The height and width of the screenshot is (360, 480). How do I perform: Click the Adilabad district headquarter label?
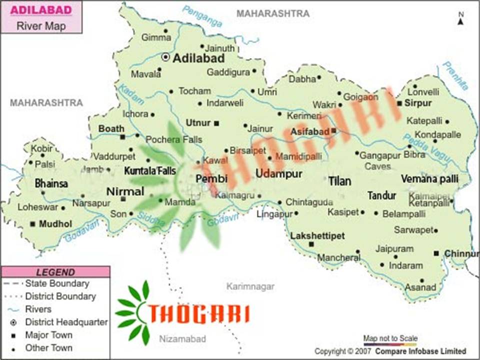pyautogui.click(x=198, y=58)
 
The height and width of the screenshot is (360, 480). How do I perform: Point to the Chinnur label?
pyautogui.click(x=461, y=253)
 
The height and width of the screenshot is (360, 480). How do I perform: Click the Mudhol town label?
pyautogui.click(x=55, y=223)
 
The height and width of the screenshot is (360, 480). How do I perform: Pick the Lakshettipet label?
pyautogui.click(x=317, y=235)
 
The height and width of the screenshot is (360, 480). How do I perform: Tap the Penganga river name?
pyautogui.click(x=202, y=16)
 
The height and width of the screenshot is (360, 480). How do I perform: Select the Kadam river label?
pyautogui.click(x=124, y=94)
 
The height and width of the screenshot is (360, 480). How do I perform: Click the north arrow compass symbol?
pyautogui.click(x=460, y=19)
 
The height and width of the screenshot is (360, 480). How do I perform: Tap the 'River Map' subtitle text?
pyautogui.click(x=41, y=26)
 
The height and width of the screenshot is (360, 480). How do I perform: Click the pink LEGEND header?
pyautogui.click(x=55, y=272)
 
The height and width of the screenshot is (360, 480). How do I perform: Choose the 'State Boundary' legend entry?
pyautogui.click(x=57, y=283)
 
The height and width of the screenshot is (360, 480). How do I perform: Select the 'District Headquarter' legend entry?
pyautogui.click(x=66, y=322)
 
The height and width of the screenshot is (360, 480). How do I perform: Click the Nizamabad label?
pyautogui.click(x=182, y=339)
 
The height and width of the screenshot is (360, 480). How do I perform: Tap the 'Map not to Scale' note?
pyautogui.click(x=390, y=338)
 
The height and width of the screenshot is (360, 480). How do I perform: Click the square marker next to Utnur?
pyautogui.click(x=216, y=123)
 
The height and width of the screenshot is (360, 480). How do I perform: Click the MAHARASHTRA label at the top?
pyautogui.click(x=273, y=13)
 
